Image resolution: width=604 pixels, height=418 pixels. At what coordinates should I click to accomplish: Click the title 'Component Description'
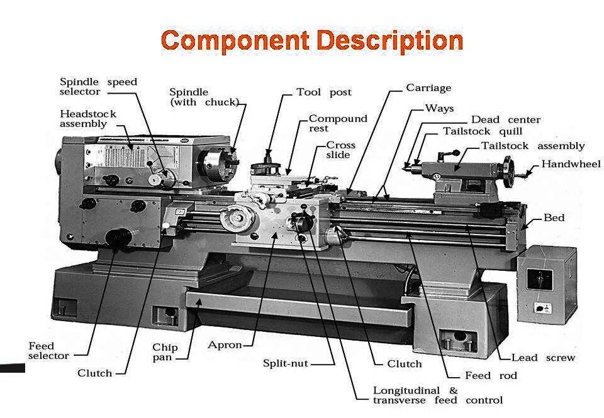[x=312, y=41]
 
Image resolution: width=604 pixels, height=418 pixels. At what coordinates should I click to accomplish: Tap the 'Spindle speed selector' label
[x=98, y=87]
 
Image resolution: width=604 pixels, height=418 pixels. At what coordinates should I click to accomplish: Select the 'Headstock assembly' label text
[x=88, y=119]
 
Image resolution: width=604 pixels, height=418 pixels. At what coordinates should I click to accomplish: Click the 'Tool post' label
[x=324, y=92]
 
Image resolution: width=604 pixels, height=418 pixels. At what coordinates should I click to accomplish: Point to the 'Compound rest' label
[x=338, y=123]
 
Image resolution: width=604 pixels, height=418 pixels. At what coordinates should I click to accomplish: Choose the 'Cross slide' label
[x=340, y=150]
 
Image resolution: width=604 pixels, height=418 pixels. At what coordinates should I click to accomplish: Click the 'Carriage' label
[x=428, y=88]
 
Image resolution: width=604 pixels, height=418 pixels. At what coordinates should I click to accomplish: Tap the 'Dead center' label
[x=506, y=119]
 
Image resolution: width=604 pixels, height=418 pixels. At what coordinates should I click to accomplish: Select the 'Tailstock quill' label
[x=483, y=131]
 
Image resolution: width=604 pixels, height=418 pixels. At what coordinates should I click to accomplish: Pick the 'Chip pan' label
[x=165, y=352]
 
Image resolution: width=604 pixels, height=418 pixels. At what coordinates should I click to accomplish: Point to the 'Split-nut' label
[x=286, y=363]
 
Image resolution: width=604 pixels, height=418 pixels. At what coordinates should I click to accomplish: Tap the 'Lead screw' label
[x=543, y=358]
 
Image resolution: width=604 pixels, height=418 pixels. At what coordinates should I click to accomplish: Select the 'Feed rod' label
[x=491, y=375]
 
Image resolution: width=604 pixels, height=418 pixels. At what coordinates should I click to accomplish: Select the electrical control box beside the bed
[x=546, y=283]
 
